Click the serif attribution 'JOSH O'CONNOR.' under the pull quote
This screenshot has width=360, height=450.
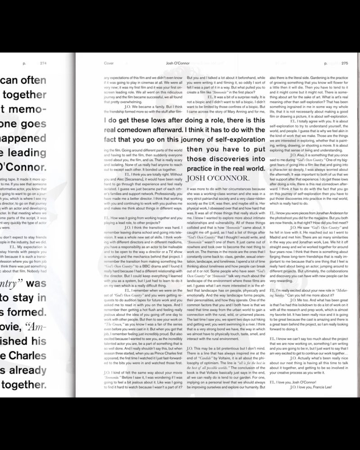coord(217,177)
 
